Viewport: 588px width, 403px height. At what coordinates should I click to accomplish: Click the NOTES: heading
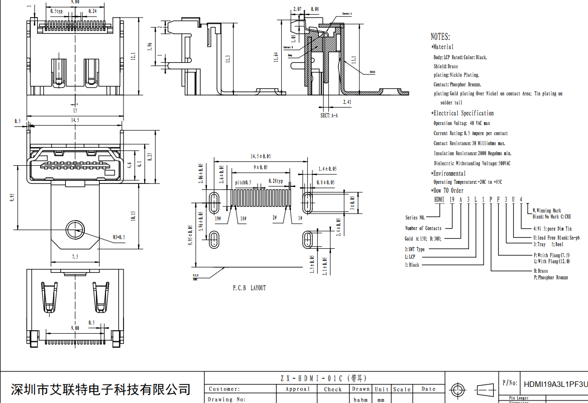[x=440, y=37]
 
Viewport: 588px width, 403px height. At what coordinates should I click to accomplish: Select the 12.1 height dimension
[x=133, y=56]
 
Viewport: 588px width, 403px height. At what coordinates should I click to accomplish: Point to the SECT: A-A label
[x=329, y=115]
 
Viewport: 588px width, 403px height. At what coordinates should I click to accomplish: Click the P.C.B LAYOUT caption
[x=249, y=288]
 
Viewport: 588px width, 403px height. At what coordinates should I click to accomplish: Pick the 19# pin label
[x=217, y=219]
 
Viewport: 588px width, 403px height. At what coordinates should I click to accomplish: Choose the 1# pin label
[x=300, y=219]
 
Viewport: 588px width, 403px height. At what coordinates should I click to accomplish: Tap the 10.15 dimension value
[x=133, y=216]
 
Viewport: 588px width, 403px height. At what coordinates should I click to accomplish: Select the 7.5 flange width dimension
[x=75, y=257]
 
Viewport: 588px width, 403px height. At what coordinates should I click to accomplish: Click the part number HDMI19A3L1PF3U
[x=555, y=384]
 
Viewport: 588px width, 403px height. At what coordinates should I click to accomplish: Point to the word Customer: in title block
[x=224, y=389]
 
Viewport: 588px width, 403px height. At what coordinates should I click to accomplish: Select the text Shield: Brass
[x=446, y=66]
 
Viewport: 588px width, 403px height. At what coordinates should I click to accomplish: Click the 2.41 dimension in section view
[x=347, y=102]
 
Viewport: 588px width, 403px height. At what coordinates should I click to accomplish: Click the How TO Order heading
[x=448, y=190]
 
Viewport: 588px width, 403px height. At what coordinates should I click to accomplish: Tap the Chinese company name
[x=101, y=389]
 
